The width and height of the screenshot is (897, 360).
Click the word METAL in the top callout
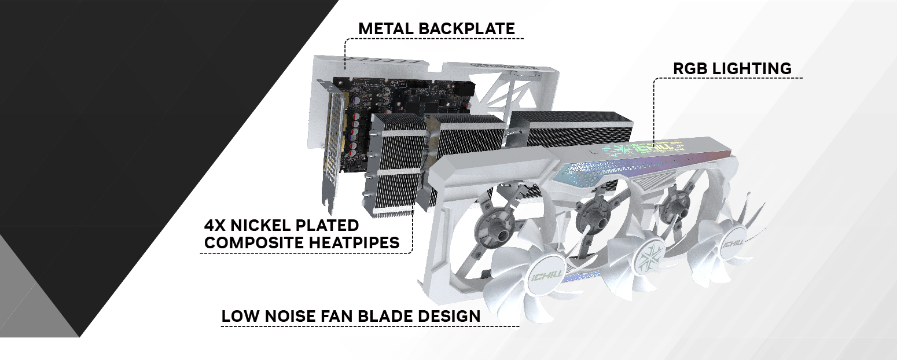(x=386, y=28)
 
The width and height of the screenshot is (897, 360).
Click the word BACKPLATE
(x=466, y=28)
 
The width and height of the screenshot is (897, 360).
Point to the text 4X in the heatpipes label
(x=215, y=226)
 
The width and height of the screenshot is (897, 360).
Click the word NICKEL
(x=260, y=226)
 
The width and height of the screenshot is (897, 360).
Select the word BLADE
(x=385, y=317)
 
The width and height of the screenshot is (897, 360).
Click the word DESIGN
(x=449, y=317)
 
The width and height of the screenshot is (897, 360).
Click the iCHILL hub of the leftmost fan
(x=546, y=275)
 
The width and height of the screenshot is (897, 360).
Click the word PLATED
(x=327, y=226)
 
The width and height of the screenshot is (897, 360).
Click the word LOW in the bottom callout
(x=241, y=317)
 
